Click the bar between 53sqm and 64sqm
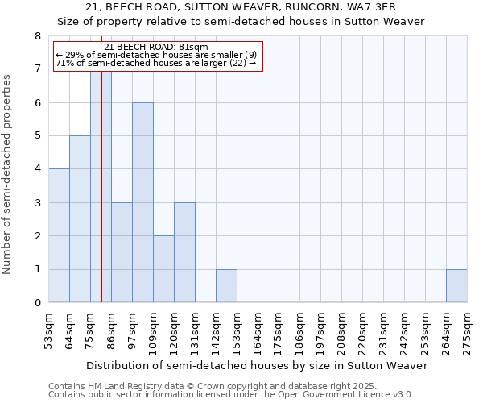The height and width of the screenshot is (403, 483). pyautogui.click(x=59, y=235)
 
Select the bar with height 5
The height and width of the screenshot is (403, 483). pyautogui.click(x=80, y=218)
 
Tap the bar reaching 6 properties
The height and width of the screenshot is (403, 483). pyautogui.click(x=142, y=202)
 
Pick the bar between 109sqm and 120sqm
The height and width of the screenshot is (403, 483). pyautogui.click(x=163, y=269)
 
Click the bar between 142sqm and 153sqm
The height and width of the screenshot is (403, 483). pyautogui.click(x=226, y=286)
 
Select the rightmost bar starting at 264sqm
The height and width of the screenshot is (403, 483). pyautogui.click(x=456, y=286)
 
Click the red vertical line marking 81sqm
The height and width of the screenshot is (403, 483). pyautogui.click(x=102, y=185)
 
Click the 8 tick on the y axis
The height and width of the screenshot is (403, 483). pyautogui.click(x=37, y=36)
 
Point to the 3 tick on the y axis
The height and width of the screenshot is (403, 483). pyautogui.click(x=37, y=203)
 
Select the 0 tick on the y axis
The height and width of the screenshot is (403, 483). pyautogui.click(x=37, y=303)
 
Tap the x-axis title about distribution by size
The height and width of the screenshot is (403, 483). pyautogui.click(x=258, y=365)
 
